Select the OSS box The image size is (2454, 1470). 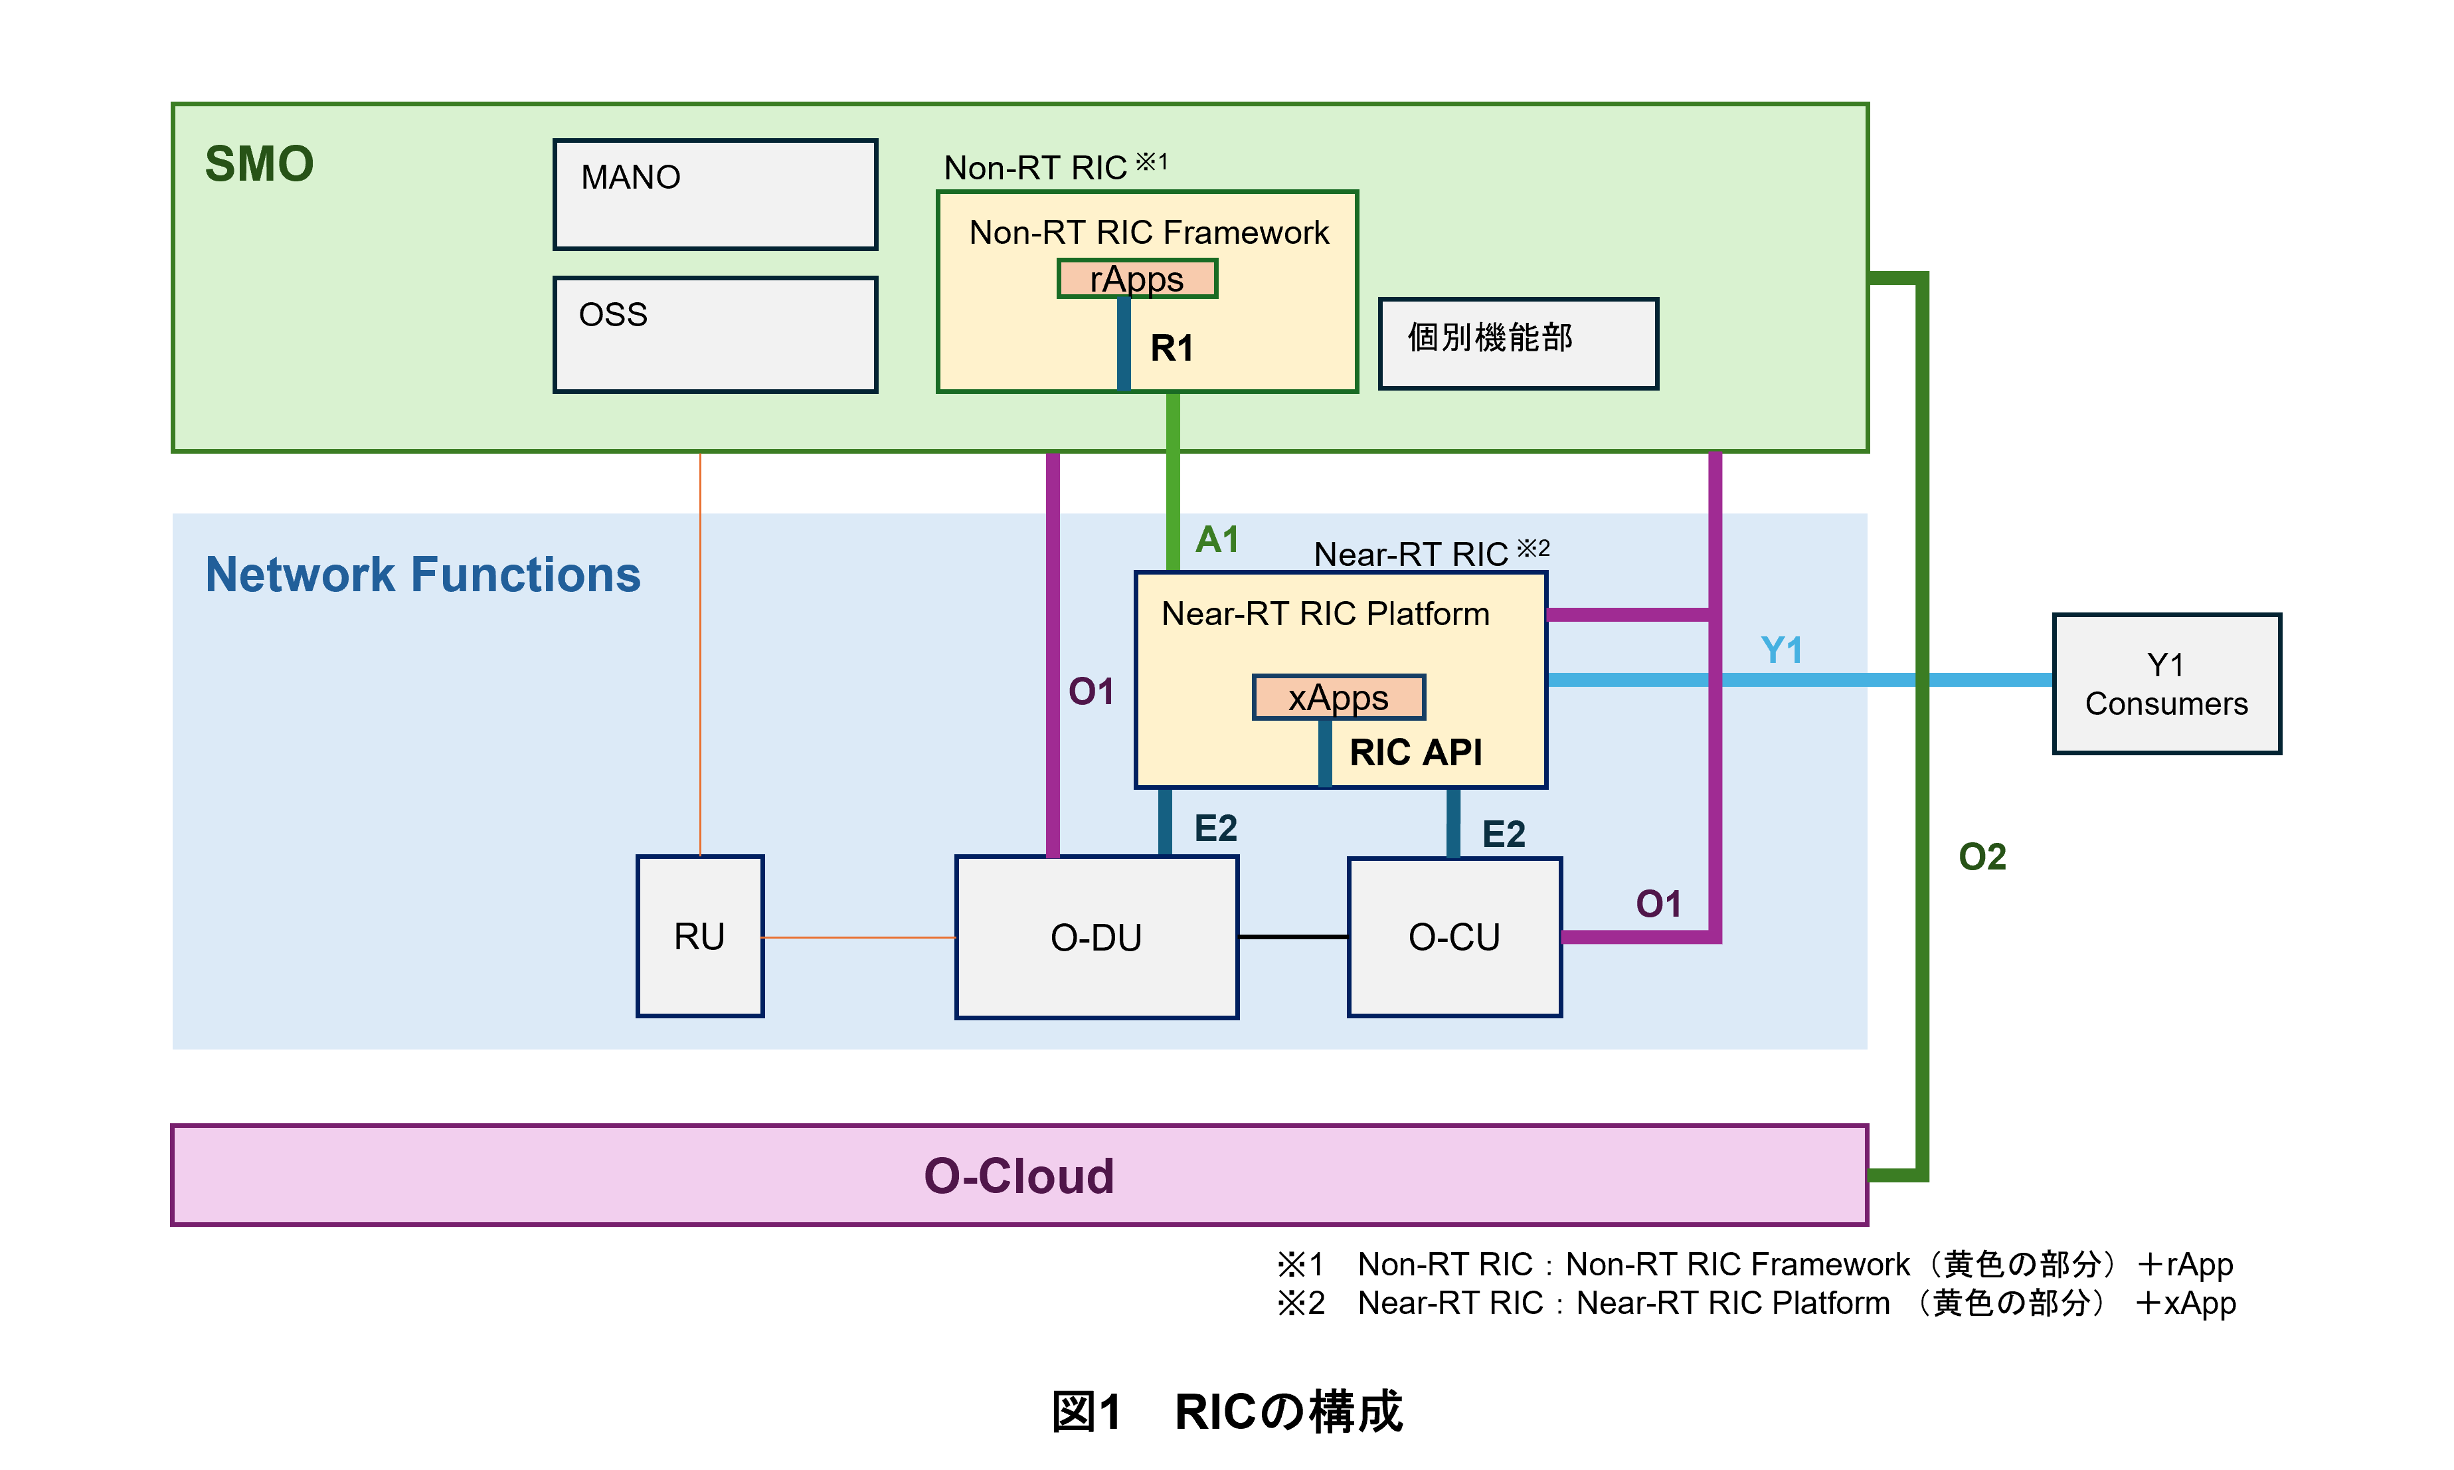coord(715,335)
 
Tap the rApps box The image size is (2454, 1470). coord(1137,278)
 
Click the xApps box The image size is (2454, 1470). coord(1338,697)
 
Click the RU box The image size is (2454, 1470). coord(700,936)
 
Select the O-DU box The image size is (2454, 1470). coord(1096,937)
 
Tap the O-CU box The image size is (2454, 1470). coord(1454,937)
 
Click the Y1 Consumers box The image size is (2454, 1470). coord(2166,684)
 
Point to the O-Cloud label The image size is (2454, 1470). coord(1019,1176)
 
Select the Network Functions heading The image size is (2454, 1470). coord(423,575)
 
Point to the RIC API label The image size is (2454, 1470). coord(1415,752)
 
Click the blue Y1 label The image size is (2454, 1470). coord(1781,651)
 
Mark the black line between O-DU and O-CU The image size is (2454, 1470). coord(1292,936)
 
